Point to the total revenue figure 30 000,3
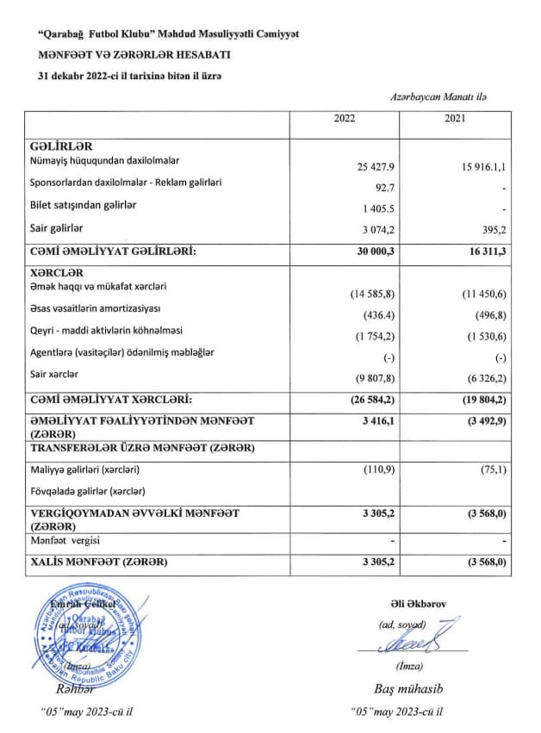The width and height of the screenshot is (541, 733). point(375,252)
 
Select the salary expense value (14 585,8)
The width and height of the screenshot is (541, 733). point(372,295)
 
